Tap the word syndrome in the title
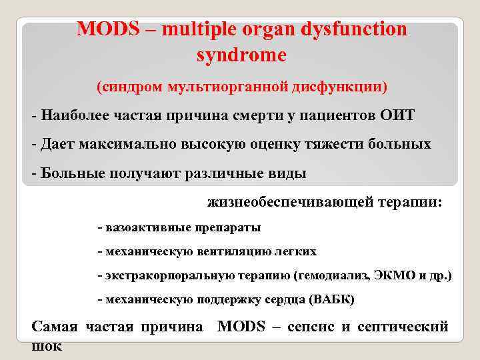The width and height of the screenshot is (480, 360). tap(241, 55)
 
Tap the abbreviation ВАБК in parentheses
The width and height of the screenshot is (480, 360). tap(334, 300)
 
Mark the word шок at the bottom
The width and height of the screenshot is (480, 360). tap(47, 346)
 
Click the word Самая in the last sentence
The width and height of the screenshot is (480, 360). tap(55, 327)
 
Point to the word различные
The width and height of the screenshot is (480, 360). tap(217, 173)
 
